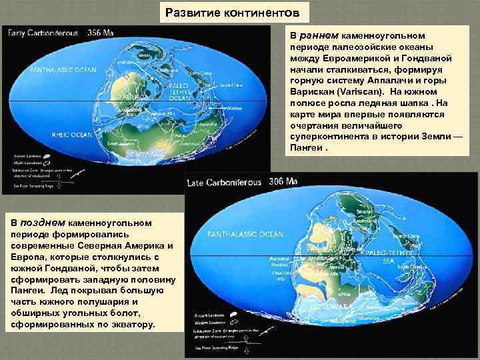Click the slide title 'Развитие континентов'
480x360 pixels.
click(237, 12)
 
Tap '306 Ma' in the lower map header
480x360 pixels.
click(283, 181)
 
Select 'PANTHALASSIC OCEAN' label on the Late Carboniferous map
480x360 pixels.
click(245, 234)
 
